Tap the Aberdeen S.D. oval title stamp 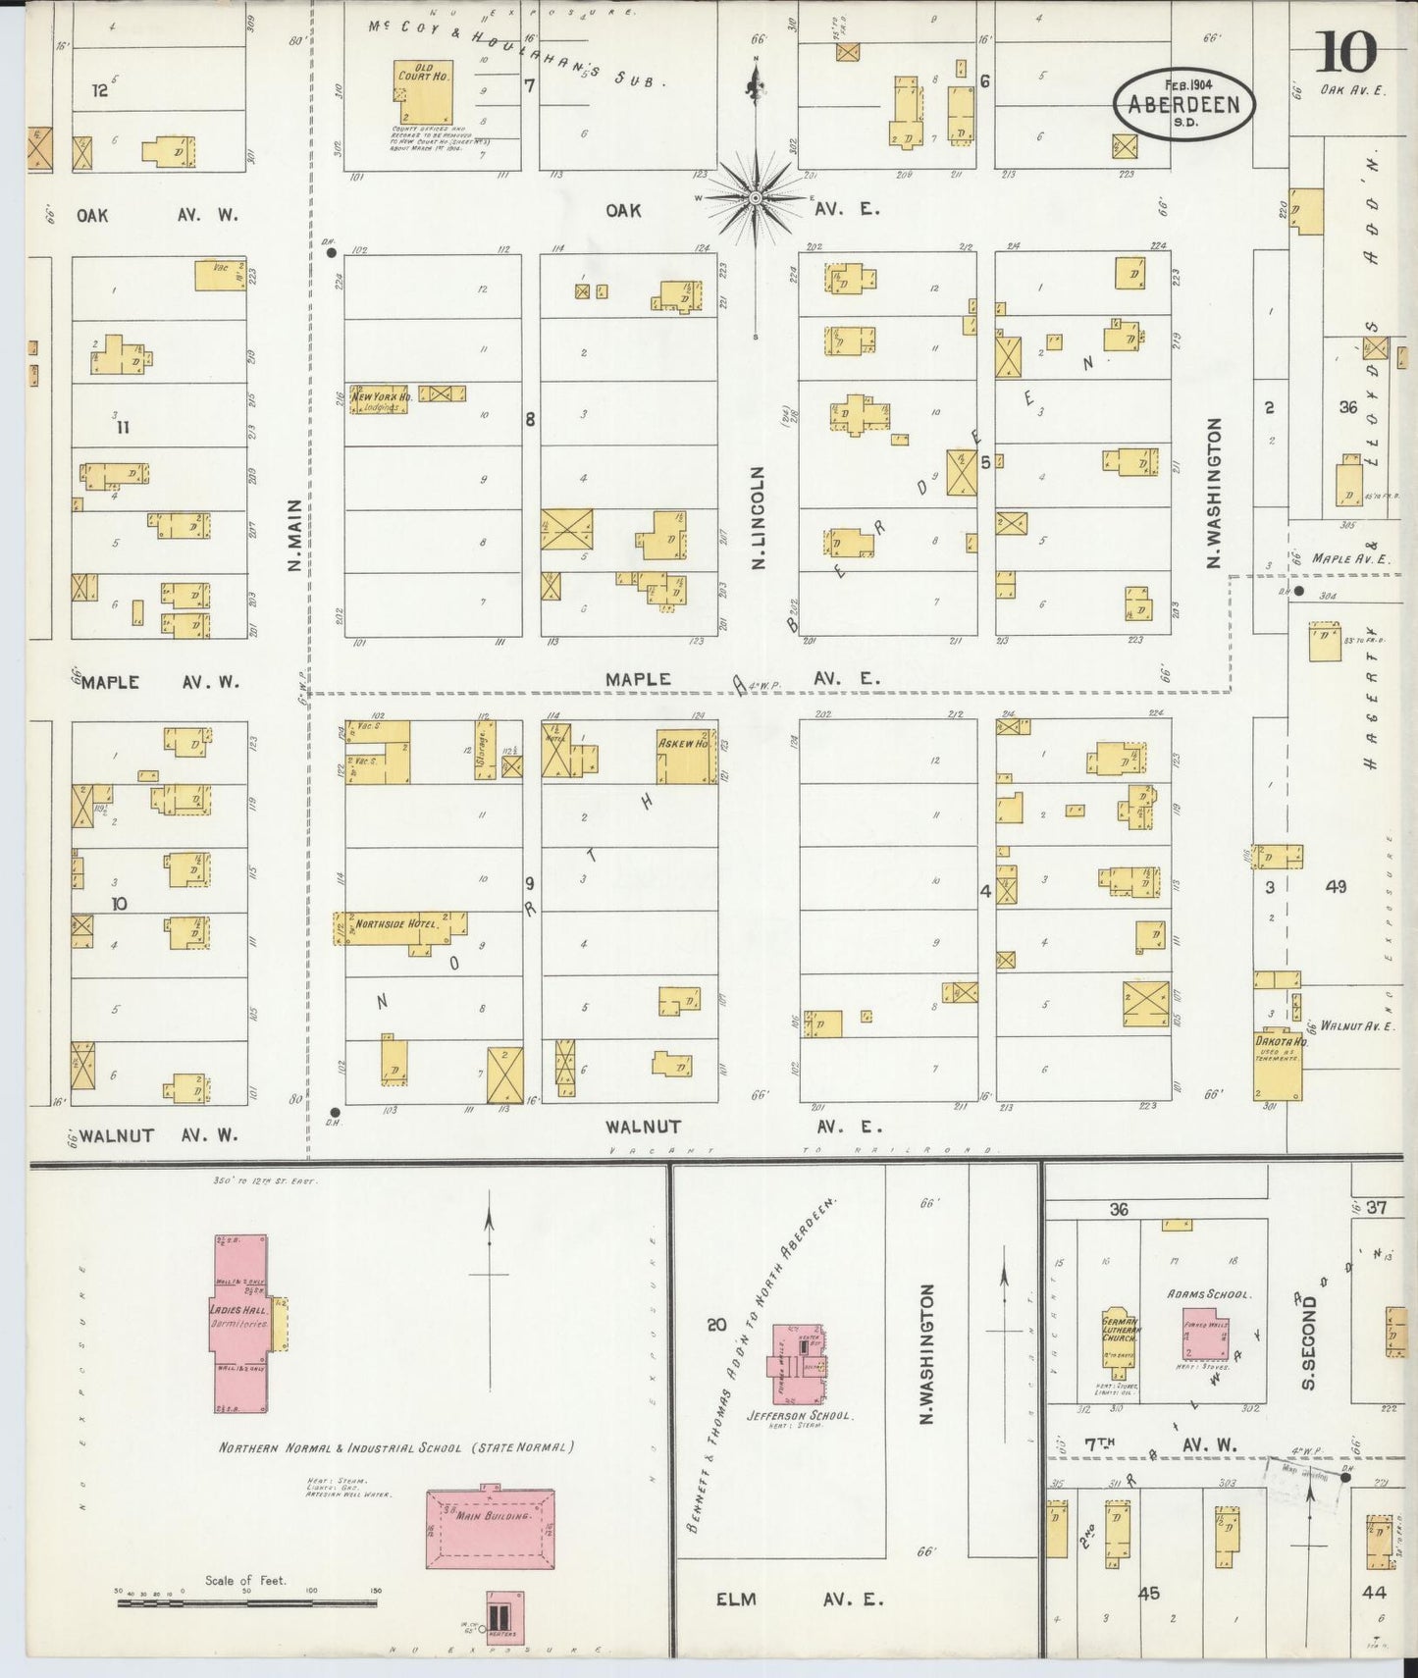[1184, 100]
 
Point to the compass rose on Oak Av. [756, 198]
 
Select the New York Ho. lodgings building [379, 397]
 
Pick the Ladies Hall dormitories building [240, 1323]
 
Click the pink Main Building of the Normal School [491, 1529]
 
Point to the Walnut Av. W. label [157, 1135]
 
